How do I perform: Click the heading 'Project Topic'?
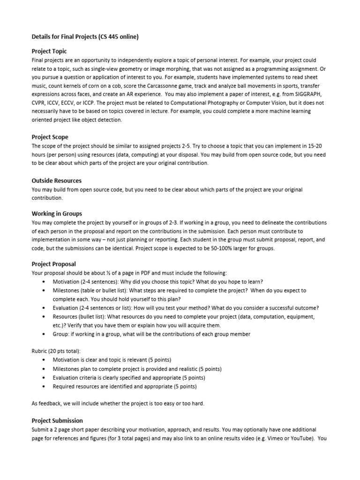[x=49, y=51]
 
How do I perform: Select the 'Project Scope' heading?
[x=50, y=137]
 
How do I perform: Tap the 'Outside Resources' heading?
[x=56, y=180]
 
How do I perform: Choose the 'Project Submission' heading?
[x=57, y=420]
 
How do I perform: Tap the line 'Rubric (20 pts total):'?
[x=56, y=351]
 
